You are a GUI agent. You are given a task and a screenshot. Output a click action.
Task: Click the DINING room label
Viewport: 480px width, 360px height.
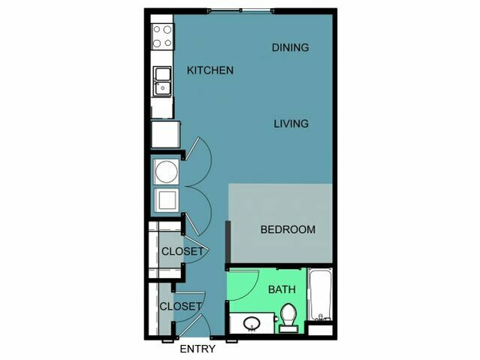pos(290,47)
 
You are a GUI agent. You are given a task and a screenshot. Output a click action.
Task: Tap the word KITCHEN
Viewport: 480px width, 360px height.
pos(210,71)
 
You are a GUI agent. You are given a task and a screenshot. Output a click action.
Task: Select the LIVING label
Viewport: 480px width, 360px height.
pos(291,124)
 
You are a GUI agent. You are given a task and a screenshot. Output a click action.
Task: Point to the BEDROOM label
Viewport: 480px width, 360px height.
pos(288,229)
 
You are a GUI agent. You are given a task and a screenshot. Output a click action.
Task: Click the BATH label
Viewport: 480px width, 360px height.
pos(282,289)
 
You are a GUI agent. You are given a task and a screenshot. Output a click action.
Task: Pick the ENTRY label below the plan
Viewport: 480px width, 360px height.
pos(198,349)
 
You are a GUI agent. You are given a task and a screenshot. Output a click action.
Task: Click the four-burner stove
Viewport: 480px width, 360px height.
pos(162,37)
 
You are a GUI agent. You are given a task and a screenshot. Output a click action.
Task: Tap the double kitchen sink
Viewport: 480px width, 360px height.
pos(162,82)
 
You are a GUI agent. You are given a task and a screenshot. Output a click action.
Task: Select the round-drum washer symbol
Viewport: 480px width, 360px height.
pos(167,171)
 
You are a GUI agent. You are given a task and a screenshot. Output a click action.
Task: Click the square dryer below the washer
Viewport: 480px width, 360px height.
pos(167,201)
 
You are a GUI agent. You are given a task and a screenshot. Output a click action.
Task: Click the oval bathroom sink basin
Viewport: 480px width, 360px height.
pos(252,323)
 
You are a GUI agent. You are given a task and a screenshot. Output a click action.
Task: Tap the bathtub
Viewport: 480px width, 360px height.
pos(320,294)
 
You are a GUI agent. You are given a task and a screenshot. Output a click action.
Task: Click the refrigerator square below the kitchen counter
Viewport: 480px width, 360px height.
pos(165,135)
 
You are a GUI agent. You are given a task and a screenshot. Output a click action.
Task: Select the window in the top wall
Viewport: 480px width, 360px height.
pos(241,11)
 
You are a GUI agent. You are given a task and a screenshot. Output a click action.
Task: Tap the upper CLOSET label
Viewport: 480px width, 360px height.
pos(183,252)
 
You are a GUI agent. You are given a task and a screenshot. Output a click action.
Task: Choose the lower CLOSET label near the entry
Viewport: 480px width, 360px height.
pos(181,307)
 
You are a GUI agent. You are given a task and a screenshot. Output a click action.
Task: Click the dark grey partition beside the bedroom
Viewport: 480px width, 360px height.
pos(228,242)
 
